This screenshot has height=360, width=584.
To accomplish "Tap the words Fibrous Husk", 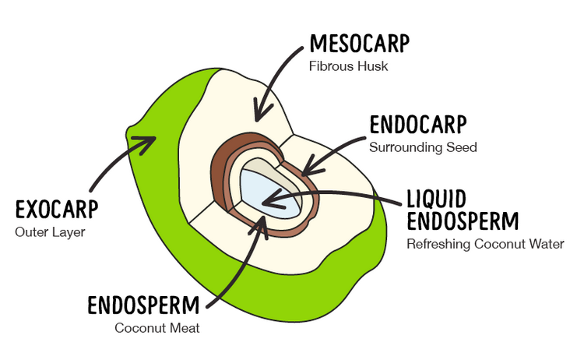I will pos(348,67).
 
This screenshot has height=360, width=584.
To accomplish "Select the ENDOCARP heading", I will pos(417,125).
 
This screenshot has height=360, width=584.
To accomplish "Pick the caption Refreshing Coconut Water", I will pos(485,245).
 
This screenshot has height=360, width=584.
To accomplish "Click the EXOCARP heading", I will pos(62,210).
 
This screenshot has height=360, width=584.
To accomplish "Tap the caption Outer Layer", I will pos(50,232).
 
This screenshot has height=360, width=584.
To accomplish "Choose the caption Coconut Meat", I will pos(157,328).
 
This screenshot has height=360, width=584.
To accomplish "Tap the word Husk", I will pos(374,67).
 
